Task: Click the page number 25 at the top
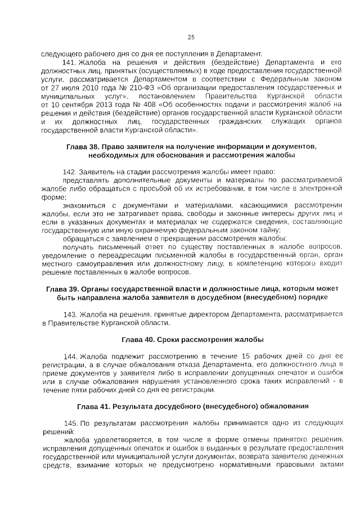pos(191,38)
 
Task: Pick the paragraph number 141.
pos(70,62)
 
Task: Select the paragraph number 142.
pos(70,171)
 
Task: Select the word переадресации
pos(121,255)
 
